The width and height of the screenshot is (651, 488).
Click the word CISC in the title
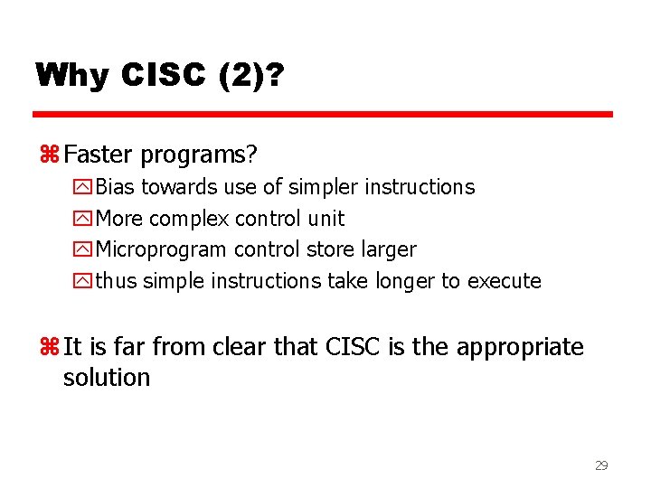pyautogui.click(x=159, y=76)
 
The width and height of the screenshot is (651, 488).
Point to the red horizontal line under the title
pyautogui.click(x=323, y=115)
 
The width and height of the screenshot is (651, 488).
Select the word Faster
pyautogui.click(x=99, y=155)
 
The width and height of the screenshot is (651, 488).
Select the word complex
pyautogui.click(x=189, y=219)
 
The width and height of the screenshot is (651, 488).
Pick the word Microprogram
pyautogui.click(x=161, y=250)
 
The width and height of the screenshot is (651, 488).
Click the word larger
pyautogui.click(x=387, y=249)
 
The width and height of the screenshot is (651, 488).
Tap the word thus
pyautogui.click(x=116, y=281)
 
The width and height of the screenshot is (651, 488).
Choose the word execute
pyautogui.click(x=504, y=281)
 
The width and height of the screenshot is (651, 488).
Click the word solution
pyautogui.click(x=106, y=378)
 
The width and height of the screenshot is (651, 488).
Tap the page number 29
pyautogui.click(x=601, y=465)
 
